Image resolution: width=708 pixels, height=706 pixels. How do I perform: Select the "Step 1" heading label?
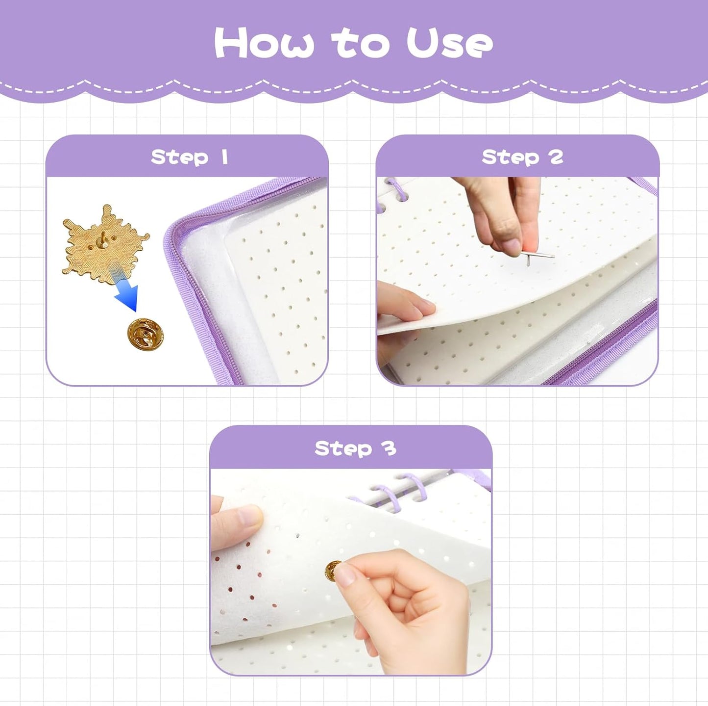point(189,157)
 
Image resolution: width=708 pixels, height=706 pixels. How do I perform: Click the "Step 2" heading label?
point(522,157)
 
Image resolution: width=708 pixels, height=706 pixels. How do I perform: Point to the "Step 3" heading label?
point(355,448)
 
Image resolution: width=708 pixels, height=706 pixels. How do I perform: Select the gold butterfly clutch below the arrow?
point(145,335)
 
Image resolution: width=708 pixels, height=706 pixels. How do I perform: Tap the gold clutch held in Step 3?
point(335,569)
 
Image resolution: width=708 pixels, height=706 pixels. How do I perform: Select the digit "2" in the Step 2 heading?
point(556,157)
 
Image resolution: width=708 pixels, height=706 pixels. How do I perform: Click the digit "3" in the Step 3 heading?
point(390,448)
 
